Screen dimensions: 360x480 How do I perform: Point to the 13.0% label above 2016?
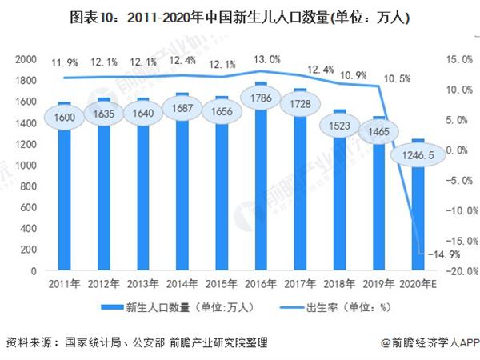click(x=267, y=59)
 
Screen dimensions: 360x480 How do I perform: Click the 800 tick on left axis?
click(x=30, y=186)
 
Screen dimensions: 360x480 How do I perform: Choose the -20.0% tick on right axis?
click(x=459, y=271)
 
